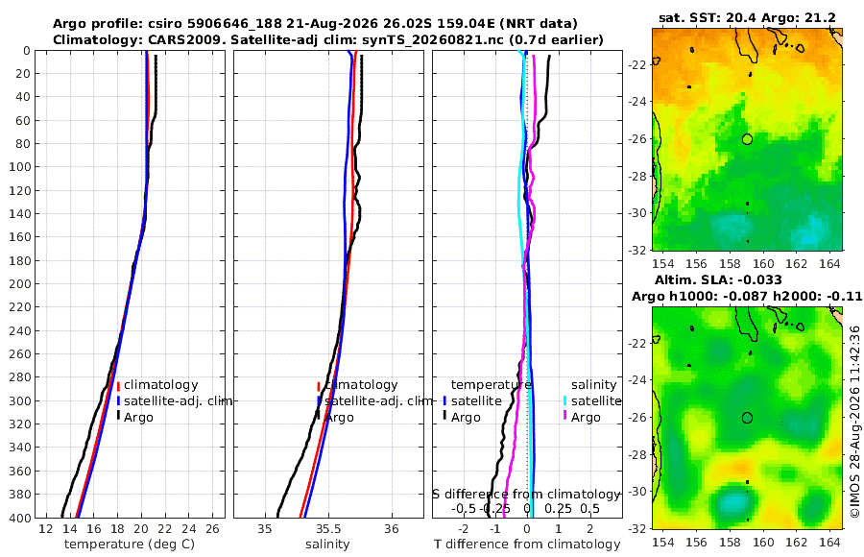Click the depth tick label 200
(x=20, y=283)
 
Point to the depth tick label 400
(x=20, y=518)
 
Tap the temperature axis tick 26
(x=212, y=529)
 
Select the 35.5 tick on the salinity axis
(x=328, y=529)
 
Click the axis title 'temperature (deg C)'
(x=130, y=545)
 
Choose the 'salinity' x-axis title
(x=327, y=545)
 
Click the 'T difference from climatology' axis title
(x=527, y=545)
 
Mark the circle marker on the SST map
(x=747, y=139)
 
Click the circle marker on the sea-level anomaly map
(x=747, y=418)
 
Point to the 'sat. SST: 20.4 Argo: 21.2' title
(x=747, y=18)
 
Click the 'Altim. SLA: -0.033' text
(x=718, y=279)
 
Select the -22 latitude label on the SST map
(x=639, y=65)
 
